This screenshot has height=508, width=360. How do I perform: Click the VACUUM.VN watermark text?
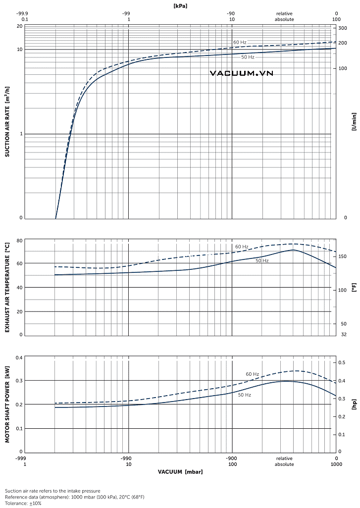point(241,73)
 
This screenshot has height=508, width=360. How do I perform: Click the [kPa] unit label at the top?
point(180,5)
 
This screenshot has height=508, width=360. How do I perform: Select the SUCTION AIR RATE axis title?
point(7,122)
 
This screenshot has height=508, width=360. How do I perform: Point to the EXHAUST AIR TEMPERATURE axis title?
point(7,287)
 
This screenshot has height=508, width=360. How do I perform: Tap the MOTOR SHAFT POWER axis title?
point(7,404)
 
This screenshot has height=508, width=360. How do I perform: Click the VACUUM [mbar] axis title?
point(180,471)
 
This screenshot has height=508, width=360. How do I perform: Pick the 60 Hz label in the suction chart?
point(240,43)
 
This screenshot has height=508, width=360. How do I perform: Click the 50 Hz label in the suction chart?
point(248,57)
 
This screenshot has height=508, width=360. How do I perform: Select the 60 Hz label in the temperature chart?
point(242,247)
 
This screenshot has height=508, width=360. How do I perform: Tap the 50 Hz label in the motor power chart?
point(245,395)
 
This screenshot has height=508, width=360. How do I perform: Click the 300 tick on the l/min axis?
point(343,28)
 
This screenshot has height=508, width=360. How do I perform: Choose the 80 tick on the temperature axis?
point(20,241)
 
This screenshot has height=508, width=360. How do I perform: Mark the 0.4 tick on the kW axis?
point(19,357)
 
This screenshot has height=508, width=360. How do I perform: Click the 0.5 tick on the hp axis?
point(341,363)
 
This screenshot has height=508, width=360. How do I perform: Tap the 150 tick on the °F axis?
point(342,256)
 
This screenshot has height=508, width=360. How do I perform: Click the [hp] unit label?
point(354,405)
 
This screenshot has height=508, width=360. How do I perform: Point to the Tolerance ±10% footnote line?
point(23,503)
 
